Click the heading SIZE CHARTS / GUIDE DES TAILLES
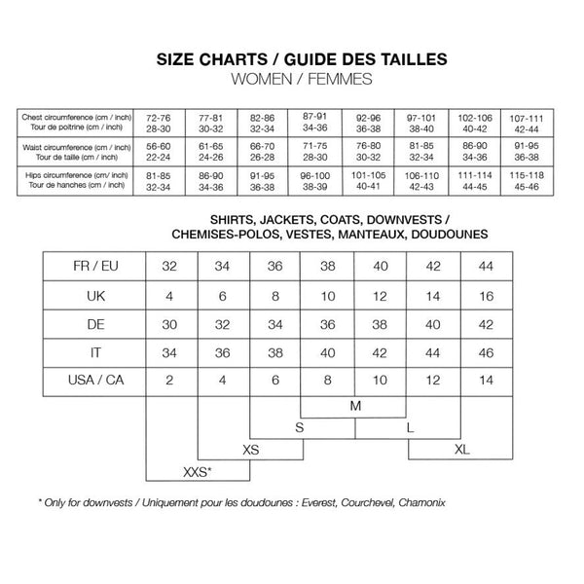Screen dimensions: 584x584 tap(302, 58)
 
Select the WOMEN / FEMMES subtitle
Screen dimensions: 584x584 tap(302, 77)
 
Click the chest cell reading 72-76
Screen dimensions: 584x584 tap(158, 122)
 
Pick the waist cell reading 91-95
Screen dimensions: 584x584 tap(527, 151)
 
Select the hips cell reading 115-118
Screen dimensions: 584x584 tap(527, 180)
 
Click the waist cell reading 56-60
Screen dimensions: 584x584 tap(158, 151)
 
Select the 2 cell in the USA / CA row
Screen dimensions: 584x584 tap(170, 379)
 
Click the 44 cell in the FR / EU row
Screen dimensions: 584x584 tap(486, 266)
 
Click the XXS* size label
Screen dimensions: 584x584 tap(198, 472)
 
